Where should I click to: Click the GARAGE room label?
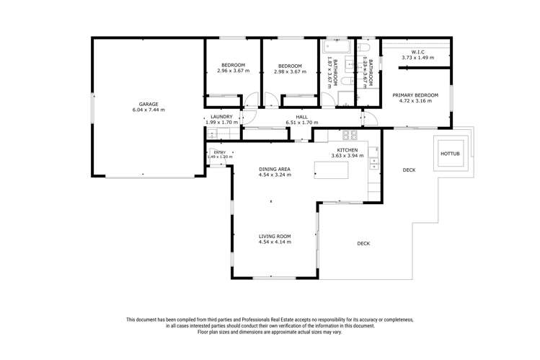149,104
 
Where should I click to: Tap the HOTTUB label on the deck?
450,154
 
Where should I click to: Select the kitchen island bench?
331,170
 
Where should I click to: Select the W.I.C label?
418,51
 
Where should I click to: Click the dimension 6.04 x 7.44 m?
149,110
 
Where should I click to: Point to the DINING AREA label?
274,169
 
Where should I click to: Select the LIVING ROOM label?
274,236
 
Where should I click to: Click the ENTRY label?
220,152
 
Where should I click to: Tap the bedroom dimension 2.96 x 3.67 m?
233,71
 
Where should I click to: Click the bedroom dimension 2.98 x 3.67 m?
290,71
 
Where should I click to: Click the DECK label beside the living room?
363,243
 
